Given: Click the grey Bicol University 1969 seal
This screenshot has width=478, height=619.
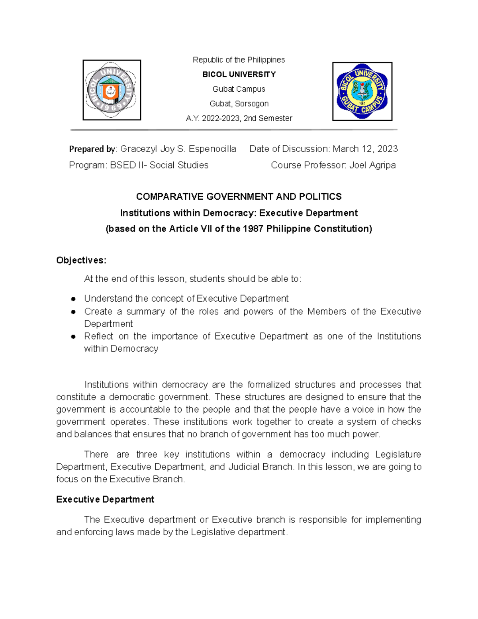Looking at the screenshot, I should (x=112, y=90).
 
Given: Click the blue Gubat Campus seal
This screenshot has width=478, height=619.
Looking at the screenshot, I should (x=362, y=91).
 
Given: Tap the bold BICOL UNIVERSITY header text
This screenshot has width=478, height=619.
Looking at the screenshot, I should (x=239, y=75).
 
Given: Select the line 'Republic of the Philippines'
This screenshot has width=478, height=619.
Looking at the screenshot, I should (x=239, y=60).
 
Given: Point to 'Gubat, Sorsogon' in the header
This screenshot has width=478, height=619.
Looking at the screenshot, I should (x=239, y=104).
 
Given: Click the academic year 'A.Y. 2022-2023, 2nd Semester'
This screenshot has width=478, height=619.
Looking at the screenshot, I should (x=239, y=118).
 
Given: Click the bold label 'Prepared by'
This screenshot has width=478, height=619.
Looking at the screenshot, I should (x=92, y=149).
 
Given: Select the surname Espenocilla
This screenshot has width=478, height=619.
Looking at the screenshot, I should (x=212, y=149).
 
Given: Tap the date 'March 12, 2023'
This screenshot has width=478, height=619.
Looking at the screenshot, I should (x=365, y=149).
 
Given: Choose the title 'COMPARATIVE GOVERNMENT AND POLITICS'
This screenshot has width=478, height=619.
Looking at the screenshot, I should (x=239, y=197).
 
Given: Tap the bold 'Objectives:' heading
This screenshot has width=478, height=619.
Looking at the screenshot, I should (x=81, y=260).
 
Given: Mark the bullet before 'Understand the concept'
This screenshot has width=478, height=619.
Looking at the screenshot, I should (x=73, y=299).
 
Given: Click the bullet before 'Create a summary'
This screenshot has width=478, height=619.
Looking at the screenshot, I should (x=73, y=312).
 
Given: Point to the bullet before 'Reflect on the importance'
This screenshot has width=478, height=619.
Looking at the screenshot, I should (x=73, y=336).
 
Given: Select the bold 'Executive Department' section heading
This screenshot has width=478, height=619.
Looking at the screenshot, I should (x=105, y=499).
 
